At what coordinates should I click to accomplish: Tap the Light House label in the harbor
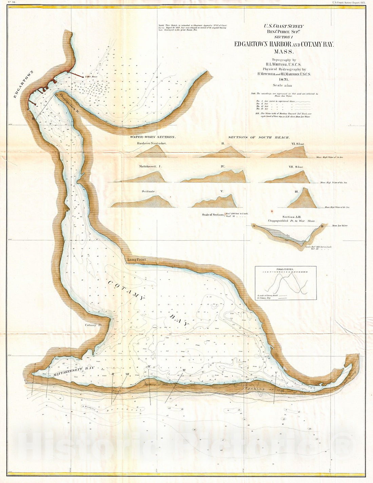[91, 77]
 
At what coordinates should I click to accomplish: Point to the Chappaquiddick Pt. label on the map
[69, 103]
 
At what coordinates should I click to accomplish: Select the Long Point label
[136, 260]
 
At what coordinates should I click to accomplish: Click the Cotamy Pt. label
[93, 325]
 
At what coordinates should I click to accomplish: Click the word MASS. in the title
[284, 52]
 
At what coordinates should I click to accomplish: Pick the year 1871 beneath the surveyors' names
[284, 79]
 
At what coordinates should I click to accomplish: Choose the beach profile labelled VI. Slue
[288, 153]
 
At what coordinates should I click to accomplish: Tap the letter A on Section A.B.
[253, 225]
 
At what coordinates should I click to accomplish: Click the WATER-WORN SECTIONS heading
[153, 137]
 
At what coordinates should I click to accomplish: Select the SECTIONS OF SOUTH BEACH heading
[259, 137]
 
